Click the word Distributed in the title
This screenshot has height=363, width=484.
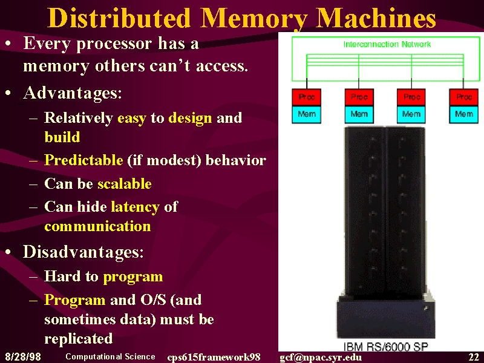[119, 18]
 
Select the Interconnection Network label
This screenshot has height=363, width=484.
[387, 44]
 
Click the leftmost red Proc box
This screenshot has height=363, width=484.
[307, 97]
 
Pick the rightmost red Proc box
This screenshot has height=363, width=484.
[463, 97]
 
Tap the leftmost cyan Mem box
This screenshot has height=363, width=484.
[307, 114]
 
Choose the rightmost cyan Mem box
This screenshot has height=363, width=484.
[463, 114]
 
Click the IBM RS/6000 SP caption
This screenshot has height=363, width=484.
[386, 347]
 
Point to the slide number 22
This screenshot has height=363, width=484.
[474, 357]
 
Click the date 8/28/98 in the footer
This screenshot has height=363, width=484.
[23, 356]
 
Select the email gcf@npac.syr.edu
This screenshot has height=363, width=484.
[321, 357]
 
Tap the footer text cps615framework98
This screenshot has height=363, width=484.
[214, 357]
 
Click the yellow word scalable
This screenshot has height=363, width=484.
[125, 184]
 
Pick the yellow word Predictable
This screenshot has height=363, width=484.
[83, 160]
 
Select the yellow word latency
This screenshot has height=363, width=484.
[135, 207]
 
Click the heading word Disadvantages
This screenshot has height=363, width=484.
[83, 252]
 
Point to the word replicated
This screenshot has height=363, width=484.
[79, 339]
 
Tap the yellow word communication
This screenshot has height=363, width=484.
[97, 226]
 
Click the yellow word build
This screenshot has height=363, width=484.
[62, 137]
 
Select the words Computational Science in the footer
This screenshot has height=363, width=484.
[110, 356]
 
